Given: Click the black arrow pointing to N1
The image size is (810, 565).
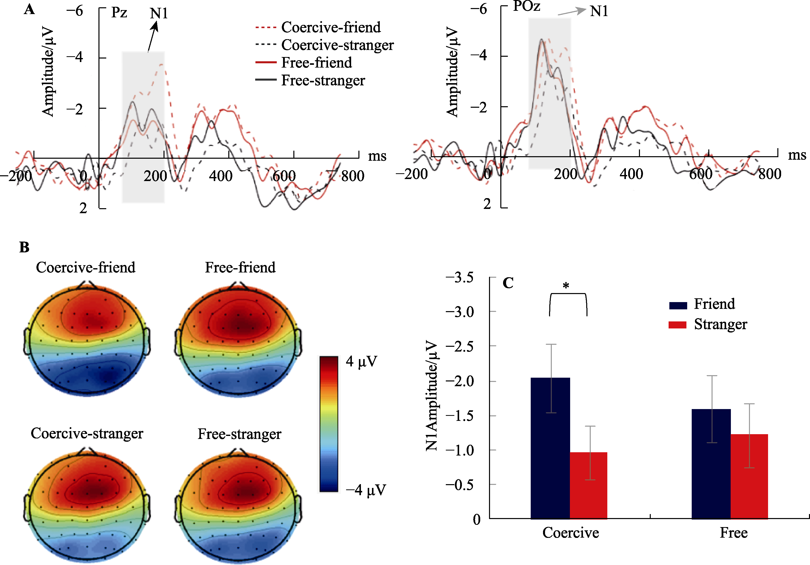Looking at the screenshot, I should [152, 37].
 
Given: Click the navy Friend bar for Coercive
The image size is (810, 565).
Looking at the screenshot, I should [550, 448].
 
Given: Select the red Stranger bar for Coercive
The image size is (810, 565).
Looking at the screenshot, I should [588, 485].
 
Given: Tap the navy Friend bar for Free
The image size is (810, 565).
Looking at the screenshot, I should [711, 464].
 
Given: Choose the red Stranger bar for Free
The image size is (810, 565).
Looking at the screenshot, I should [749, 476].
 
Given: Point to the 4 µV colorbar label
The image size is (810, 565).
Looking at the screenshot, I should [361, 362].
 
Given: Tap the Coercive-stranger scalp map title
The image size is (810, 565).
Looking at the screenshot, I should [87, 433].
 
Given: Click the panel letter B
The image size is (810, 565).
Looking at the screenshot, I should [24, 247].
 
